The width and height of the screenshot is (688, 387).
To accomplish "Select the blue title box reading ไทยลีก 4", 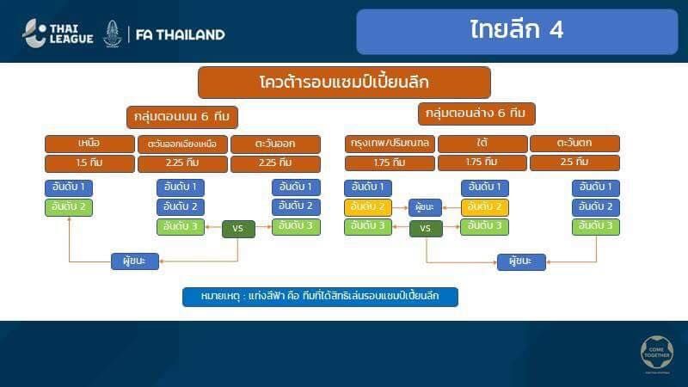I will click(x=517, y=31).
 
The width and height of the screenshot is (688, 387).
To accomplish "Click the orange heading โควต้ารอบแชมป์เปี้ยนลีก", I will click(x=344, y=83).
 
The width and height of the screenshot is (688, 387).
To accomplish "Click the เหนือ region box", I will click(x=89, y=144).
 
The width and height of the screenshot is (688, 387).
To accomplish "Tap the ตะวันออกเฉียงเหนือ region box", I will click(x=182, y=144).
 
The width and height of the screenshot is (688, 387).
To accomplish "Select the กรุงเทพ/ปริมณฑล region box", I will click(x=390, y=144).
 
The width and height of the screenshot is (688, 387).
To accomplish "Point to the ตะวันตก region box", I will click(x=574, y=144).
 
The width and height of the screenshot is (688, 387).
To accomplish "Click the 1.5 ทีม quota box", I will click(x=89, y=163).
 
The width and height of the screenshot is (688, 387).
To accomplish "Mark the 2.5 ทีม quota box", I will click(x=574, y=163).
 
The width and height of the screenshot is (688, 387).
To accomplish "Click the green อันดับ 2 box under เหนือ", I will click(x=68, y=206).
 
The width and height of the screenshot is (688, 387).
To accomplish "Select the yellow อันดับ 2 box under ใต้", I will click(x=485, y=207).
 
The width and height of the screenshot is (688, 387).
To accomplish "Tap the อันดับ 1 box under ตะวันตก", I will click(x=596, y=187).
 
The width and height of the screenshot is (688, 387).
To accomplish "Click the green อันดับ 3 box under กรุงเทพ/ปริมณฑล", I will click(x=368, y=227).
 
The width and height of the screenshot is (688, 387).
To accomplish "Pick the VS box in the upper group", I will click(x=238, y=229).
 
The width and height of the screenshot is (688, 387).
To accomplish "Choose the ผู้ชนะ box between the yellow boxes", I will click(x=425, y=207).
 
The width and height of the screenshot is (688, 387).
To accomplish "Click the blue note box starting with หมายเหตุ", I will click(x=320, y=297).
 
